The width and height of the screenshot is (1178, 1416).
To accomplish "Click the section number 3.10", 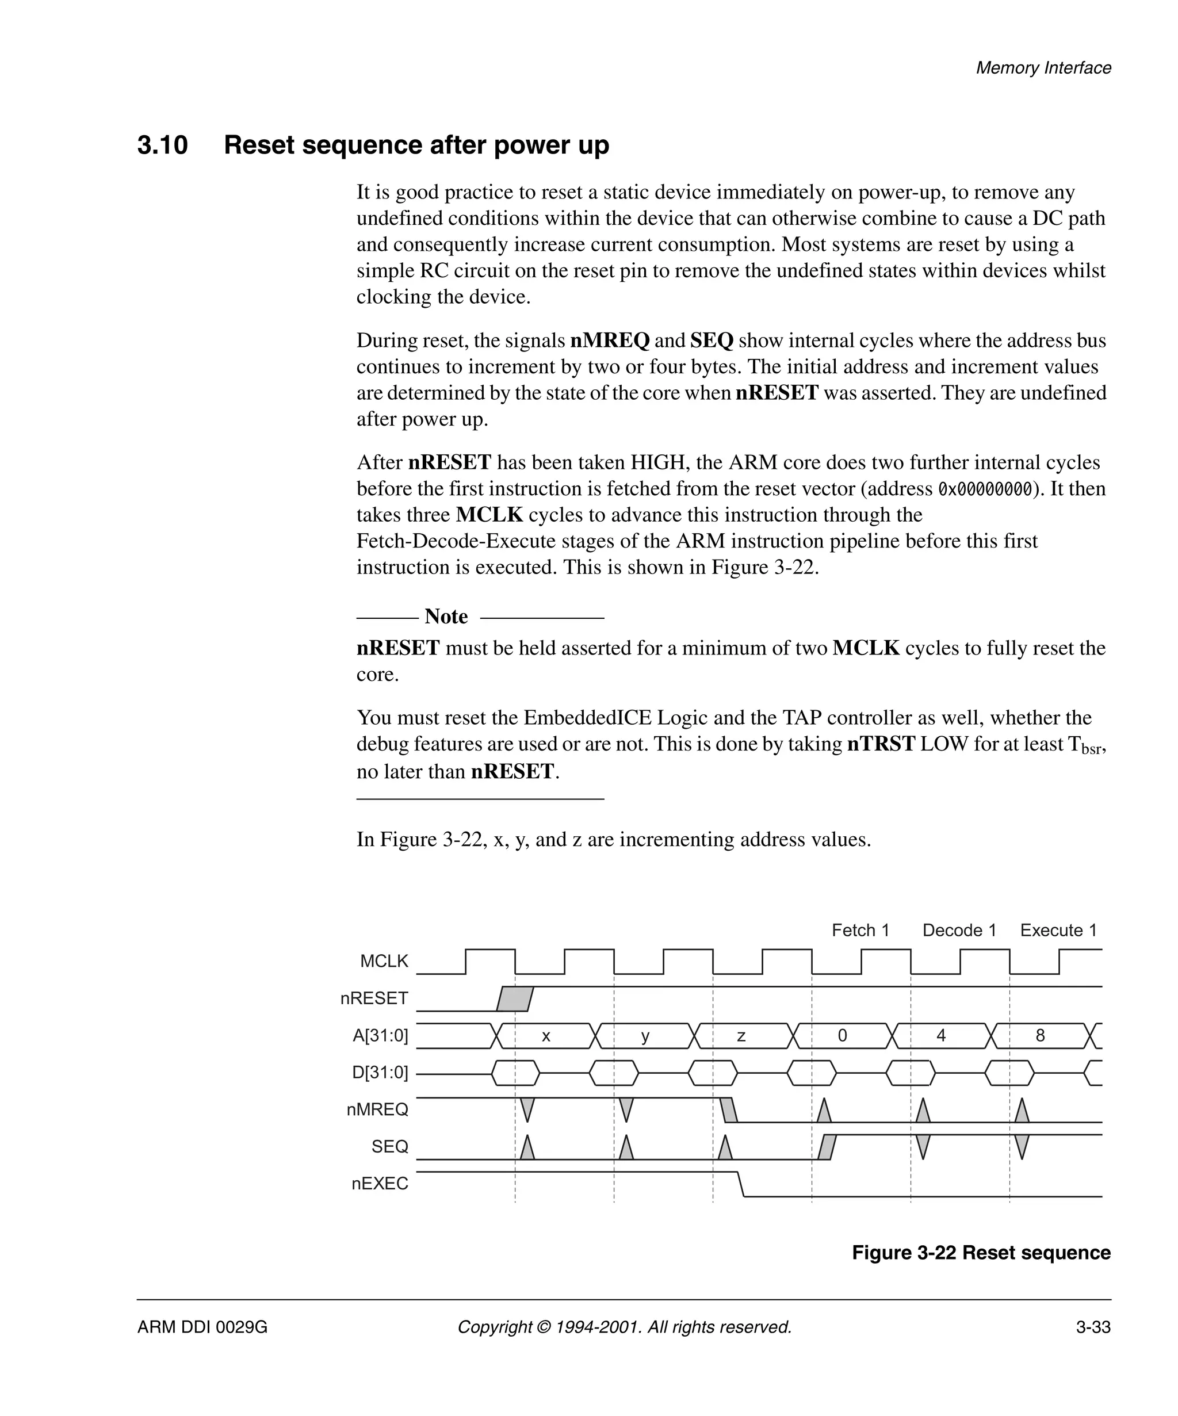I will pyautogui.click(x=163, y=145).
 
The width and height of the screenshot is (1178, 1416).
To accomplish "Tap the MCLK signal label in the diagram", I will pyautogui.click(x=384, y=961).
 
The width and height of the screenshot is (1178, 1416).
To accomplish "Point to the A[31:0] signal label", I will pyautogui.click(x=380, y=1035).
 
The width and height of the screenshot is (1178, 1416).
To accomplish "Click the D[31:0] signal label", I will pyautogui.click(x=380, y=1072).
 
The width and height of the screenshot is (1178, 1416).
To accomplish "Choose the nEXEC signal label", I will pyautogui.click(x=380, y=1184).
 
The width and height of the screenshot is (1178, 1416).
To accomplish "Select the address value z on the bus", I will pyautogui.click(x=741, y=1036).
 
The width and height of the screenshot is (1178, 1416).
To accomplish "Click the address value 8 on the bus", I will pyautogui.click(x=1040, y=1036).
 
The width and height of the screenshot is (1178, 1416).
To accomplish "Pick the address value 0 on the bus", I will pyautogui.click(x=842, y=1036).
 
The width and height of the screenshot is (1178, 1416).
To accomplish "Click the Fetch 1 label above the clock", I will pyautogui.click(x=860, y=931).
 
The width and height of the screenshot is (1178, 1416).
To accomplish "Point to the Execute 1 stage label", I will pyautogui.click(x=1058, y=931).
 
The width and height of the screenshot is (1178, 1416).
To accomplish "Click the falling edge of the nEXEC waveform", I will pyautogui.click(x=741, y=1184).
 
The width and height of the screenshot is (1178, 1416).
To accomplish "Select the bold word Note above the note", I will pyautogui.click(x=446, y=617).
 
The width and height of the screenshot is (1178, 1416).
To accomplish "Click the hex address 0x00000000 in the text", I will pyautogui.click(x=985, y=489).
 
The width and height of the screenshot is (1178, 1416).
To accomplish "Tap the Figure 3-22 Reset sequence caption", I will pyautogui.click(x=981, y=1253).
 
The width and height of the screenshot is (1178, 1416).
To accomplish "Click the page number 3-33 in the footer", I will pyautogui.click(x=1092, y=1327).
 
